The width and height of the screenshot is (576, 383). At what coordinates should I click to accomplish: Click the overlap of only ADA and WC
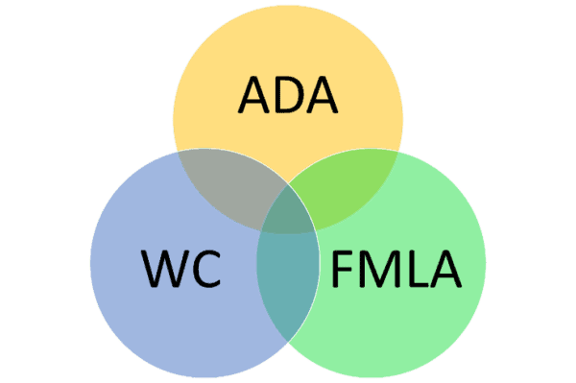click(x=223, y=187)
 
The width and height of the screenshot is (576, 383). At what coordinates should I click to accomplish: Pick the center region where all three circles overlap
click(x=288, y=213)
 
